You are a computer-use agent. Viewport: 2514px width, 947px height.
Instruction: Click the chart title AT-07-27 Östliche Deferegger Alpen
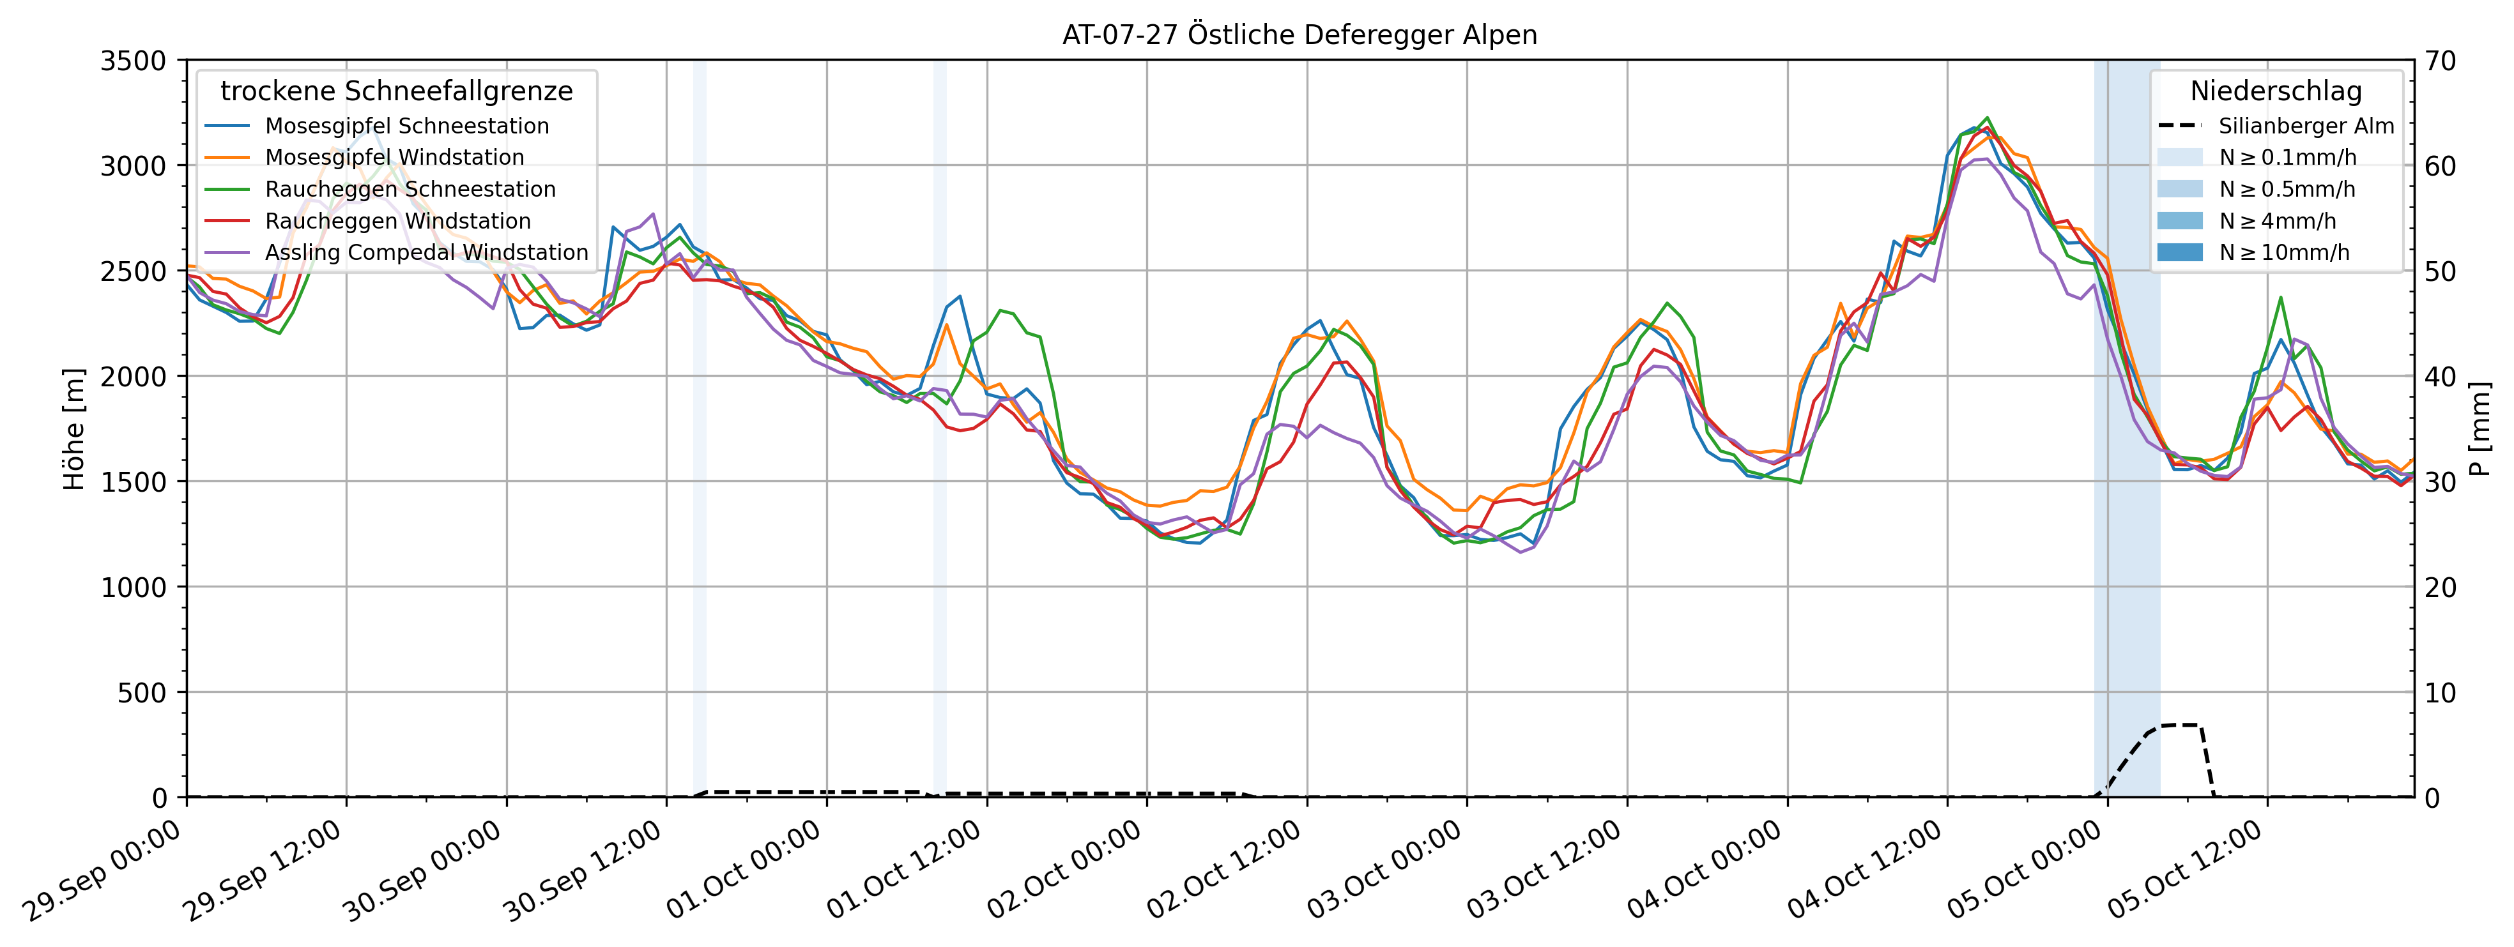[1299, 35]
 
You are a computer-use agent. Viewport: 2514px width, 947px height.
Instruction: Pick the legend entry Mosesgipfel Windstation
[394, 157]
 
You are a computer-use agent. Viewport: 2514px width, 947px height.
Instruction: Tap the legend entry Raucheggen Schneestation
[410, 189]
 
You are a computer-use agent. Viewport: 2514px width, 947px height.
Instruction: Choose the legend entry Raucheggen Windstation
[398, 222]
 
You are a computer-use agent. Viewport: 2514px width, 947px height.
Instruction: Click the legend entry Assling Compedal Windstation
[427, 253]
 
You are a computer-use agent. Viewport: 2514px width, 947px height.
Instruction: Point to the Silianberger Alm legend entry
[2305, 126]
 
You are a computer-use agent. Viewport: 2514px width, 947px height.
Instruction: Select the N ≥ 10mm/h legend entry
[2283, 253]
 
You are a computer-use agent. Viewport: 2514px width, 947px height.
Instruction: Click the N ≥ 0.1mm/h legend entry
[2287, 157]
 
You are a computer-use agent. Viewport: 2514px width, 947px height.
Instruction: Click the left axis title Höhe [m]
[74, 429]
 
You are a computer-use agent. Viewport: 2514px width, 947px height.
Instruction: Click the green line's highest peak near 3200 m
[1988, 118]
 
